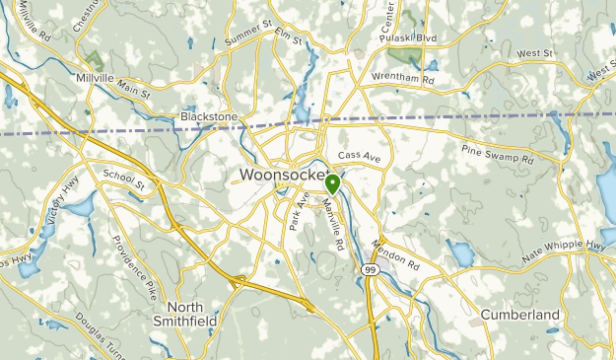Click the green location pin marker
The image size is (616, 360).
point(333,183)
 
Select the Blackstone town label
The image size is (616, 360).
point(209,116)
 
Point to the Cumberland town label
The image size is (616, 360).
point(519,315)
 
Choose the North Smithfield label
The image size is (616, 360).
point(184,314)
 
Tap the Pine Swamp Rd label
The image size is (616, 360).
point(498,153)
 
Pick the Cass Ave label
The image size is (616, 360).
point(358,156)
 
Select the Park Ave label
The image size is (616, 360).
point(297,211)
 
